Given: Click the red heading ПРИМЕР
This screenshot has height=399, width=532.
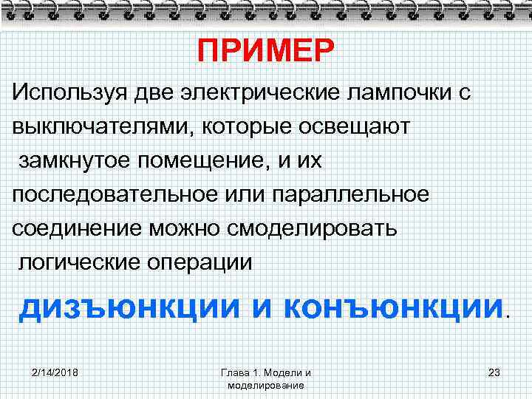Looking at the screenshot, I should click(x=266, y=52).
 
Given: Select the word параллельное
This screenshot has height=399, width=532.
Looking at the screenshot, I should click(x=350, y=194).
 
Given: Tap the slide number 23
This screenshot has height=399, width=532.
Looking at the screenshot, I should click(x=494, y=372).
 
